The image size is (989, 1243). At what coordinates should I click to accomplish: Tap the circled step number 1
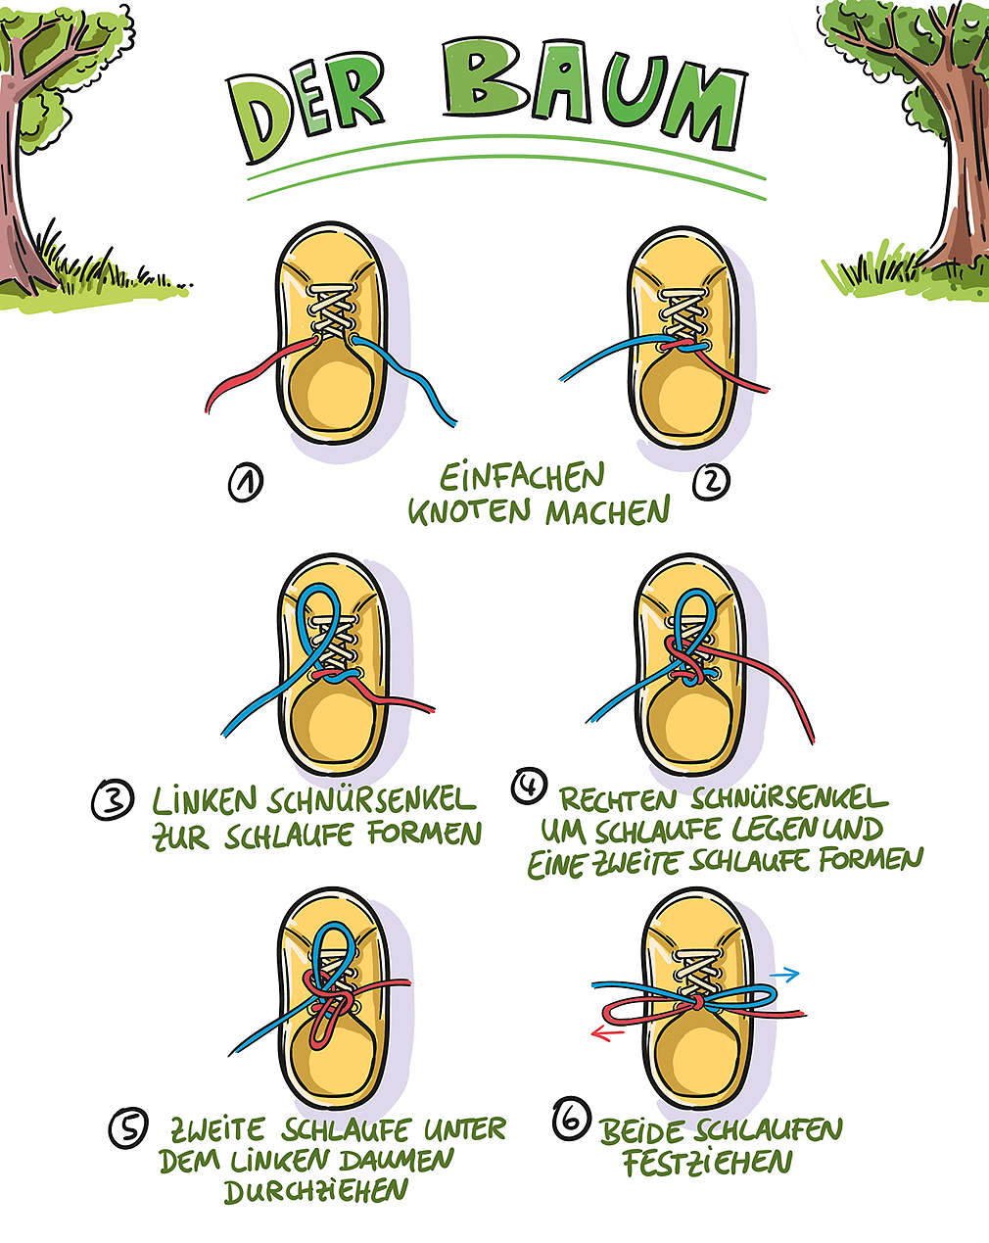[244, 483]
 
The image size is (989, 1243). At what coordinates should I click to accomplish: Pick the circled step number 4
[529, 787]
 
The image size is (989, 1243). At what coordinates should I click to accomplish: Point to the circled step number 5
[128, 1128]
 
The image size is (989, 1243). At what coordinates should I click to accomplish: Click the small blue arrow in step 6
[785, 975]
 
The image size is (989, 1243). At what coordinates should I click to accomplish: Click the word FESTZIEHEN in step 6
[707, 1163]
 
